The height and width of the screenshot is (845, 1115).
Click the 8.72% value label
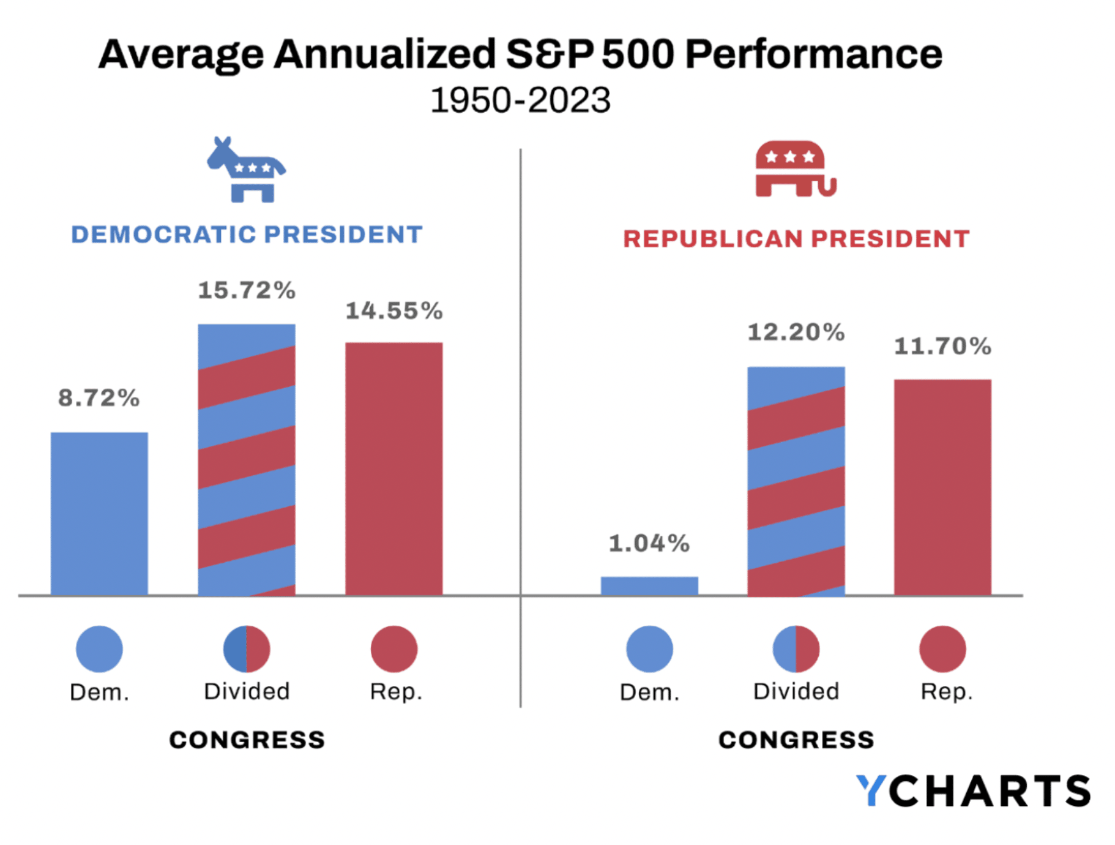click(99, 398)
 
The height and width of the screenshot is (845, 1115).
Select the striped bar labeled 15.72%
click(246, 459)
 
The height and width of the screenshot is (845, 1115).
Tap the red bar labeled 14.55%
click(393, 468)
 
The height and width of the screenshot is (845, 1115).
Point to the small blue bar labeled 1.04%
click(649, 585)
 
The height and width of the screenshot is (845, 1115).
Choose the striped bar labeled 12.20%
click(796, 481)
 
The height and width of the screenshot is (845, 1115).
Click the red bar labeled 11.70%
click(942, 487)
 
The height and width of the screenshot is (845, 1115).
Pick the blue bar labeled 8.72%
click(99, 513)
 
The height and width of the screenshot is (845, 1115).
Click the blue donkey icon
click(246, 170)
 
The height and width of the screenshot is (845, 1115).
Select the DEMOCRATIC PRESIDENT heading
click(247, 235)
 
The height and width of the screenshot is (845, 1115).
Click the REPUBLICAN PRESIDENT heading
click(796, 239)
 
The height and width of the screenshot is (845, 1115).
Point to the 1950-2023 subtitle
click(520, 100)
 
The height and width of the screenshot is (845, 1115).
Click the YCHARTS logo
click(973, 791)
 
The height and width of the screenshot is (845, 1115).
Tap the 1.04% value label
click(649, 543)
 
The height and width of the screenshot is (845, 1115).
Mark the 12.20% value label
click(796, 332)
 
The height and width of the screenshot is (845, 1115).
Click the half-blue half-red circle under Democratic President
click(246, 649)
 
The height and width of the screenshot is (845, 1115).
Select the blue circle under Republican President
click(649, 649)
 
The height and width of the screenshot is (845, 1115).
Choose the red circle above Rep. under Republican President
click(942, 649)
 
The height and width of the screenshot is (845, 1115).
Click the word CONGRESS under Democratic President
click(247, 740)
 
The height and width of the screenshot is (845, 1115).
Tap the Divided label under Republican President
click(796, 691)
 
